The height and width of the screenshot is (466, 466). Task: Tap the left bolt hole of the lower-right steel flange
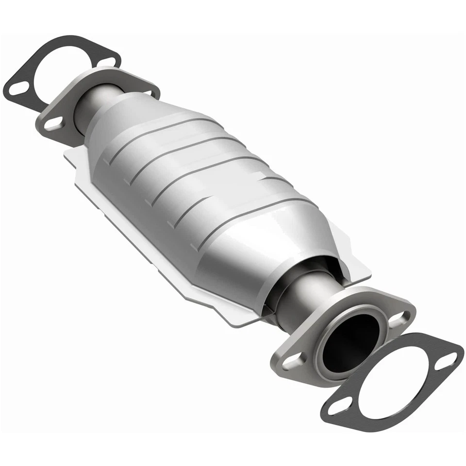coord(292,362)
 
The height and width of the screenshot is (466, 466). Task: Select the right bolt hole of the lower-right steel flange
coord(399,318)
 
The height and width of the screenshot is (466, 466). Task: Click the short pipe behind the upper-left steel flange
coord(90,104)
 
